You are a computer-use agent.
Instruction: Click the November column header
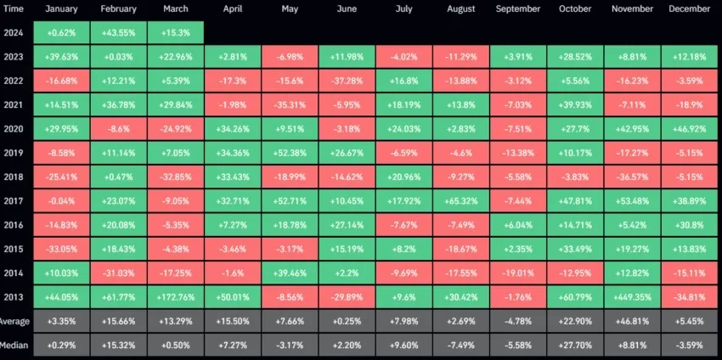(632, 8)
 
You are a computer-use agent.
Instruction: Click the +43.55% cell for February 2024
(118, 32)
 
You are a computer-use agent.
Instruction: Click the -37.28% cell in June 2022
(347, 81)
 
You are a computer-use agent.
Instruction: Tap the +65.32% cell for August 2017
(460, 202)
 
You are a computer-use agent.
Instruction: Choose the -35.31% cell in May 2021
(290, 105)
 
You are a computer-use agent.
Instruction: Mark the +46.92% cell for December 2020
(690, 129)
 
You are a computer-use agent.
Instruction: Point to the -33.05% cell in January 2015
(61, 250)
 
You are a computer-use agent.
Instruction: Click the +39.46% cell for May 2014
(290, 274)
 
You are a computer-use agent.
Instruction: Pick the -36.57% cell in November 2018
(632, 177)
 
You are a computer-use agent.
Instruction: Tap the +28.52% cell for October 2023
(575, 57)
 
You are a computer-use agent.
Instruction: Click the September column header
(518, 8)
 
